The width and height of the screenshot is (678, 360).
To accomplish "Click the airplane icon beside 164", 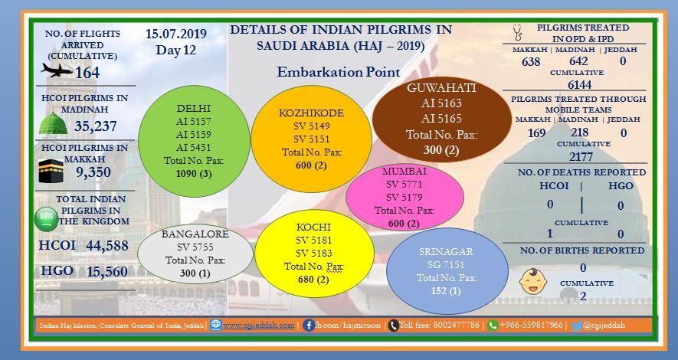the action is click(57, 70).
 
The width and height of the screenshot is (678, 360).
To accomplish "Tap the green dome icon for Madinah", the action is click(53, 123).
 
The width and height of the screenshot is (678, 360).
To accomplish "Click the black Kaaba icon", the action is click(51, 171).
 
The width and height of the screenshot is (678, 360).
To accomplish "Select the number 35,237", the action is click(96, 126).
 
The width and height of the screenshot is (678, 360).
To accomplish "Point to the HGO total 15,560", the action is click(107, 271).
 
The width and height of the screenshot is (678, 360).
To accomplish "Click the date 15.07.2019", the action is click(176, 34).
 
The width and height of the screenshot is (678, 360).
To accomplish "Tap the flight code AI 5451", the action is click(194, 147).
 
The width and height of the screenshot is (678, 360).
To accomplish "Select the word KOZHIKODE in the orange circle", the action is click(311, 113).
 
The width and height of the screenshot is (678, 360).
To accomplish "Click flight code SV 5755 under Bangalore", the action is click(195, 247).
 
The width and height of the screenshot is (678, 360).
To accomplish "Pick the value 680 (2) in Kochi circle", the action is click(313, 279).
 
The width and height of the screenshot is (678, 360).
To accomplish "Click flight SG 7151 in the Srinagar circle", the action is click(446, 264).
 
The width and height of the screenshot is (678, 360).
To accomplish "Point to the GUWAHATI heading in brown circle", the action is click(441, 88).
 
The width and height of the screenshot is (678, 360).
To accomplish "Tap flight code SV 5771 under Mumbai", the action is click(405, 184).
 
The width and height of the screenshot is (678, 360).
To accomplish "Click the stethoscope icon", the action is click(517, 32).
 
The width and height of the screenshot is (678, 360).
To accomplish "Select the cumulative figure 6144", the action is click(580, 84).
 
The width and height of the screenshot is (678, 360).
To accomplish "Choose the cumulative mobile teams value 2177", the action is click(581, 156).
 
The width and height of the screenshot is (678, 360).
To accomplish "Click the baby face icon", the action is click(532, 282).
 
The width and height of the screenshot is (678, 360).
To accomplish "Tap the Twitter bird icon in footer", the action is click(576, 326).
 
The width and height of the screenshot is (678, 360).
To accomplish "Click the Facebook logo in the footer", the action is click(308, 326).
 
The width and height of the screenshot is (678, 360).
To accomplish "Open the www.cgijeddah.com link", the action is click(259, 326).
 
